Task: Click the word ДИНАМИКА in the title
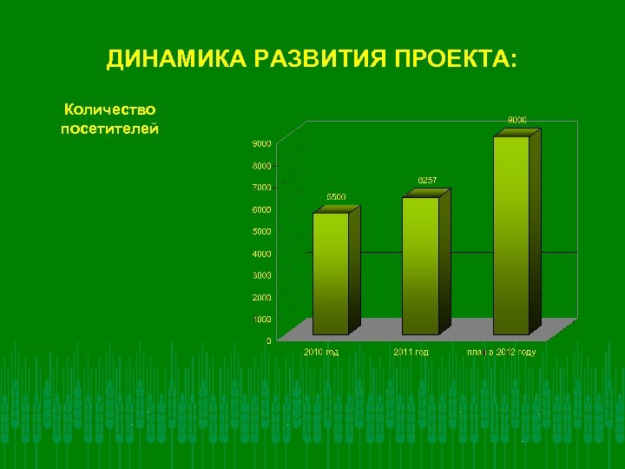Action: tap(173, 60)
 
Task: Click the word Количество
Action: tap(109, 110)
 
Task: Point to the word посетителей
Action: tap(109, 129)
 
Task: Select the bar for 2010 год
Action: tap(331, 273)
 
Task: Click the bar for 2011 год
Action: tap(420, 265)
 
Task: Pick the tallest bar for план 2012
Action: tap(511, 234)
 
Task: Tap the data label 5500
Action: tap(336, 197)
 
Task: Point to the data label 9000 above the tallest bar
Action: tap(517, 119)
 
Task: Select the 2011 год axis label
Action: tap(409, 352)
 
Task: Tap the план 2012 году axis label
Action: tap(501, 352)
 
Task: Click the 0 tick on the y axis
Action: tap(268, 340)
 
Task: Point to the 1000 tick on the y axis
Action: tap(262, 319)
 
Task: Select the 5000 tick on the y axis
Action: tap(262, 231)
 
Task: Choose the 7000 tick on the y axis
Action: tap(262, 187)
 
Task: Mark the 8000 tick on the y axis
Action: tap(262, 165)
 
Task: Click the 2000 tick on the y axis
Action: tap(262, 297)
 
